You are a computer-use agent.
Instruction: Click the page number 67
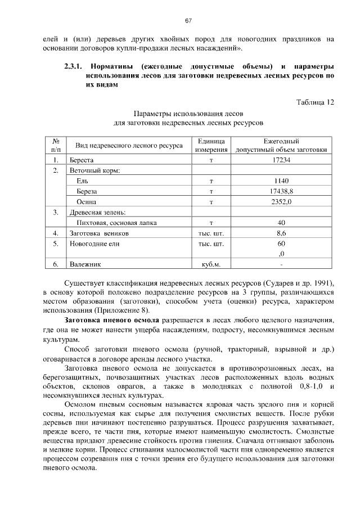188,21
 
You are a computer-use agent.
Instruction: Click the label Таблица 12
315,102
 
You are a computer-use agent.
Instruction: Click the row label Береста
82,160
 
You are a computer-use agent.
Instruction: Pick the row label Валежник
84,263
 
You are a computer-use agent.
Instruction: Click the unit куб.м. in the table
211,263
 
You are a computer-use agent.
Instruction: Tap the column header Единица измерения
211,146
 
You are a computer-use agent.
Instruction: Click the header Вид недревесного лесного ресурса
129,146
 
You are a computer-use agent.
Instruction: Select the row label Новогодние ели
93,244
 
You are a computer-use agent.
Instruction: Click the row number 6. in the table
56,263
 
